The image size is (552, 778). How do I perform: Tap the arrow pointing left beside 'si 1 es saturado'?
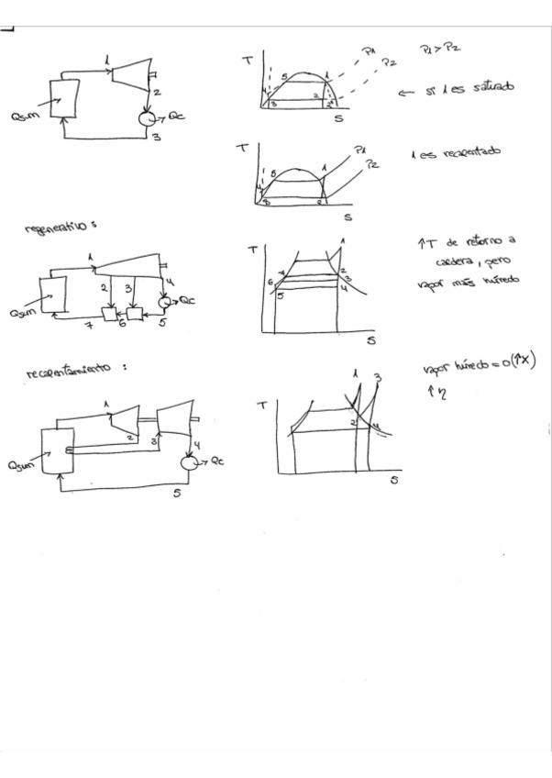click(408, 92)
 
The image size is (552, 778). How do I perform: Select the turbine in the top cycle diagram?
click(131, 72)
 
